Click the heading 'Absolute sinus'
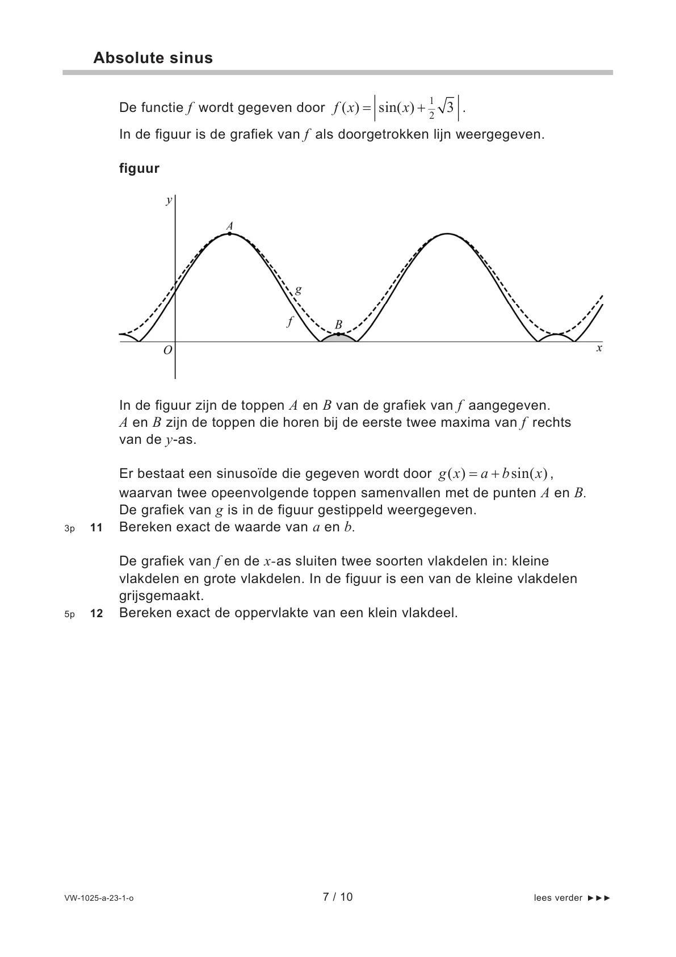point(153,58)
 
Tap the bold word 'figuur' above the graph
point(139,168)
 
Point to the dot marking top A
point(229,233)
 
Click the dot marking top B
point(338,334)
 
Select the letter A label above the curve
point(230,226)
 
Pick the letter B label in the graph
point(338,325)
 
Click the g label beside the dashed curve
point(299,290)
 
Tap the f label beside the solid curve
point(290,322)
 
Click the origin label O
point(167,351)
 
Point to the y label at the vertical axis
point(169,200)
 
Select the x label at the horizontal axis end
point(599,348)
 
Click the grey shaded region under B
point(339,338)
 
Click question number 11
point(96,527)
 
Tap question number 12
point(96,614)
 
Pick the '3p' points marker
point(70,529)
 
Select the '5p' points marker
point(70,614)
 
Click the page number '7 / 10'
point(338,897)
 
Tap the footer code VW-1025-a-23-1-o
point(99,898)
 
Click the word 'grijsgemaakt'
point(161,596)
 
